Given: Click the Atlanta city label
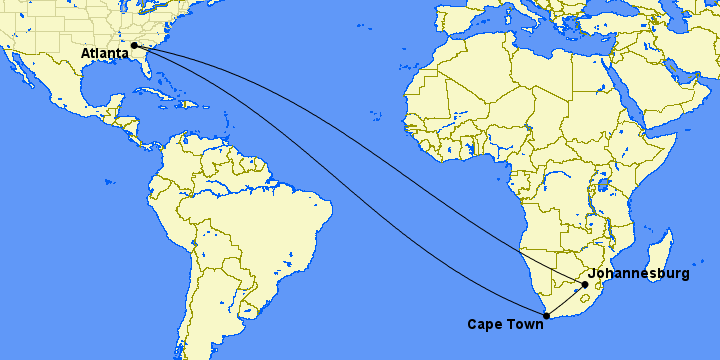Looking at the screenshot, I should coord(105,52).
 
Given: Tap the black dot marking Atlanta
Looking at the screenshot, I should coord(134,45).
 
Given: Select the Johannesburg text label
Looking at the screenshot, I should coord(639,273).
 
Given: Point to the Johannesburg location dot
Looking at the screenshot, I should coord(585,285).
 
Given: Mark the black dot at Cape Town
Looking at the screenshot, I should coord(546,317).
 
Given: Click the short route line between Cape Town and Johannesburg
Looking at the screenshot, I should coord(566,301).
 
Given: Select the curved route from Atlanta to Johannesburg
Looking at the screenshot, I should coord(400,150).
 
